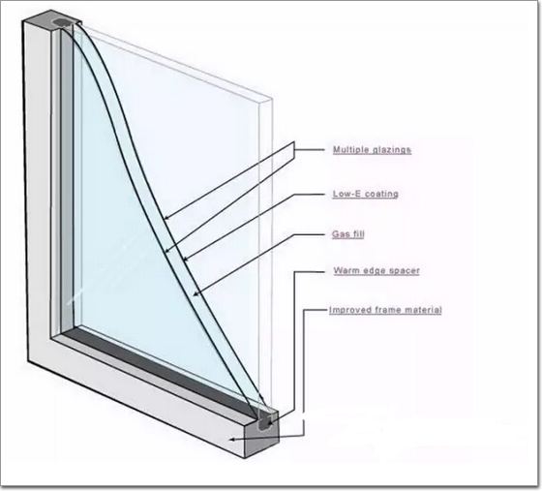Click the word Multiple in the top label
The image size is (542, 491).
[351, 150]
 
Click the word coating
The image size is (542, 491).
[382, 194]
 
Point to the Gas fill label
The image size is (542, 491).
[348, 234]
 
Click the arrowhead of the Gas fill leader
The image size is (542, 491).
[196, 294]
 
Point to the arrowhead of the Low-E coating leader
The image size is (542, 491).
[186, 259]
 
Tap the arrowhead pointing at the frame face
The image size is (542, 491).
[233, 439]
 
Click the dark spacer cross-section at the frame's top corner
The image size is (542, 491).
[62, 23]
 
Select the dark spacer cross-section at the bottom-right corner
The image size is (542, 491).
[265, 421]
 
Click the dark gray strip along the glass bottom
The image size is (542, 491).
[160, 370]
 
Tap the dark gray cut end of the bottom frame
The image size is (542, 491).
[262, 434]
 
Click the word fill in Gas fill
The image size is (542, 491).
[358, 234]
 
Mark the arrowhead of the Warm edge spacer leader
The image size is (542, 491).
[270, 421]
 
